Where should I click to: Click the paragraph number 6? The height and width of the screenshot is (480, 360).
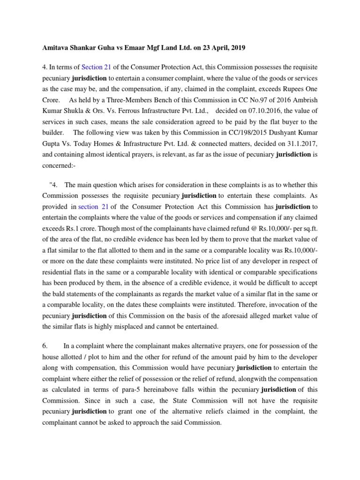pos(45,346)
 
